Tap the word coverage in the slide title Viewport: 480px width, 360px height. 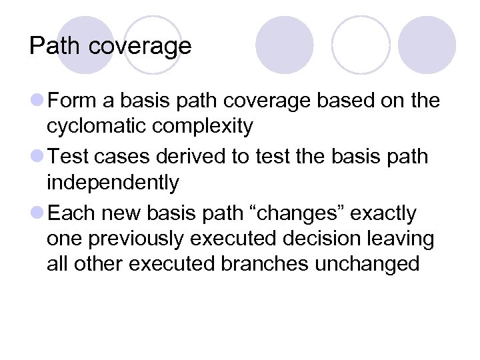point(140,46)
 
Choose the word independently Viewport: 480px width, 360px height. point(113,182)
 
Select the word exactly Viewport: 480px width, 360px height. point(383,213)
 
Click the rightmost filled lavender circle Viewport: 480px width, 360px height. point(427,45)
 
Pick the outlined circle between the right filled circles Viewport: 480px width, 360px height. point(360,45)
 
